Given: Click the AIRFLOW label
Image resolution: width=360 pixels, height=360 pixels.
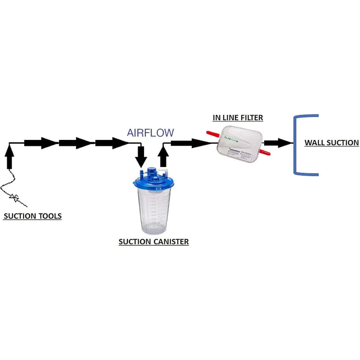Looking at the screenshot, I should (150, 132).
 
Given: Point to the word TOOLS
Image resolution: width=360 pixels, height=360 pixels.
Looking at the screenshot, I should (49, 216).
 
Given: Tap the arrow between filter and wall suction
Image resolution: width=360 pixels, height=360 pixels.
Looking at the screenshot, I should (279, 144).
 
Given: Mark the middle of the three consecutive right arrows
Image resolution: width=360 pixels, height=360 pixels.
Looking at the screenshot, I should (75, 143).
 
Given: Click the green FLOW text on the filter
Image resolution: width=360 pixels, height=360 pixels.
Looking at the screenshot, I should (229, 139).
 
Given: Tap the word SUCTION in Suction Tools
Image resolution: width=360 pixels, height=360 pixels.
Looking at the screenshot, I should (19, 216).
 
